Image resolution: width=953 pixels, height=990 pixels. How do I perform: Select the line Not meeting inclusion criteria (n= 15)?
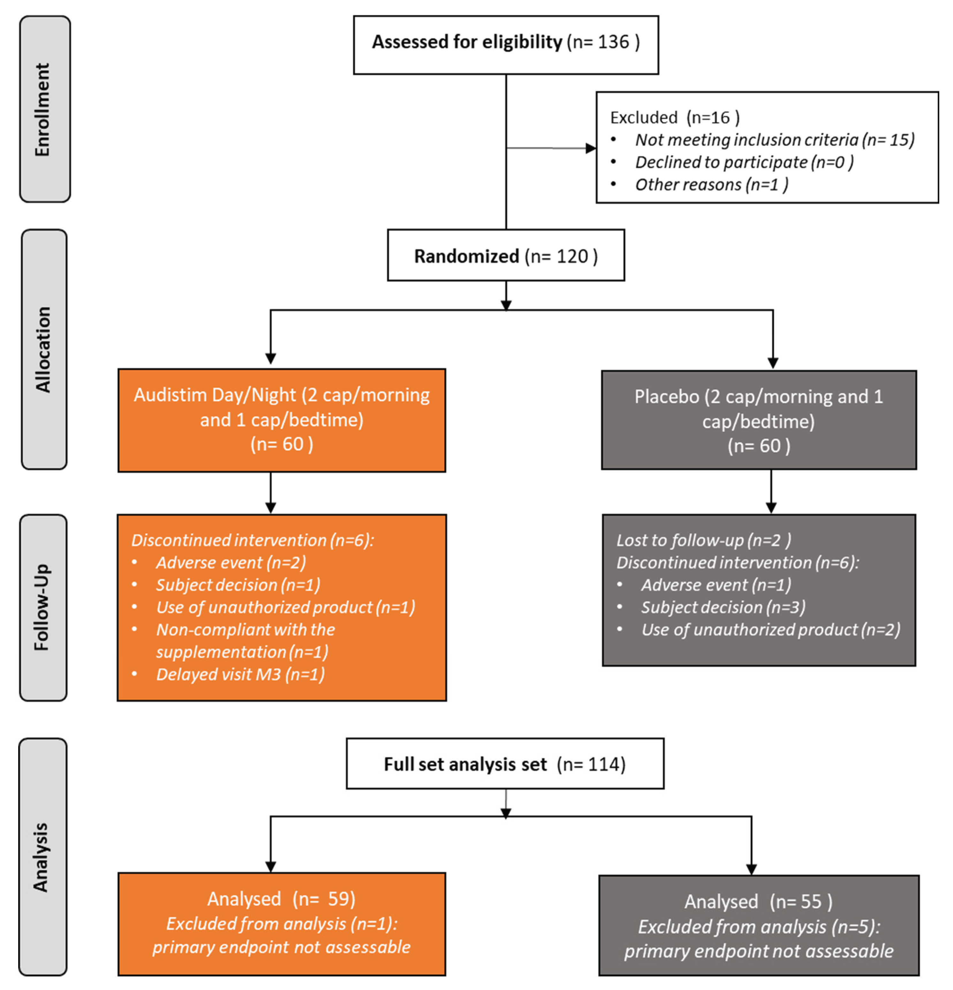pos(774,140)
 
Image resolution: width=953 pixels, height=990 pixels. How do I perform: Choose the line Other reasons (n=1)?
pos(711,184)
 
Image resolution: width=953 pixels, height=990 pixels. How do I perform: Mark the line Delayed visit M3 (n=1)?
pos(240,674)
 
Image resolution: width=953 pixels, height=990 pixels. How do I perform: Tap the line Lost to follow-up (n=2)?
pos(703,540)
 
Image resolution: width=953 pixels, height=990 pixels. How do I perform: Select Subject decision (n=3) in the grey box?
pos(723,607)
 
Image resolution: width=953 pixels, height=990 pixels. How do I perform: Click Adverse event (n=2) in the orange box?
pos(230,562)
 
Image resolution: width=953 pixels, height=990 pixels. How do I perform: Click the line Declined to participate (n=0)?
pos(744,162)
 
